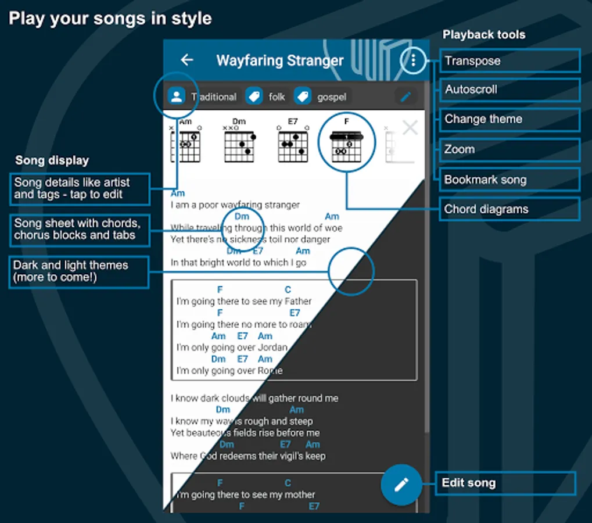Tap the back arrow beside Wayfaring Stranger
[x=186, y=60]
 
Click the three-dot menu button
[x=413, y=60]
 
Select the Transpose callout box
[x=510, y=61]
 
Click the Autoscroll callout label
[x=510, y=90]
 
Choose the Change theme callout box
[x=510, y=120]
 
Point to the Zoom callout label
[x=510, y=149]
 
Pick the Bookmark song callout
[x=510, y=180]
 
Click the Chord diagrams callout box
[x=510, y=209]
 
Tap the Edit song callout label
[x=505, y=483]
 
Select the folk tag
[x=267, y=97]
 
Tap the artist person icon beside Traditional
[x=176, y=96]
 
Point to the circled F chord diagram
[x=346, y=143]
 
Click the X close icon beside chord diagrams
[x=410, y=128]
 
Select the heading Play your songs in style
[x=110, y=19]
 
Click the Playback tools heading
[x=483, y=35]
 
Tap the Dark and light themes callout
[x=79, y=271]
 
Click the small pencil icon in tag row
[x=406, y=96]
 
